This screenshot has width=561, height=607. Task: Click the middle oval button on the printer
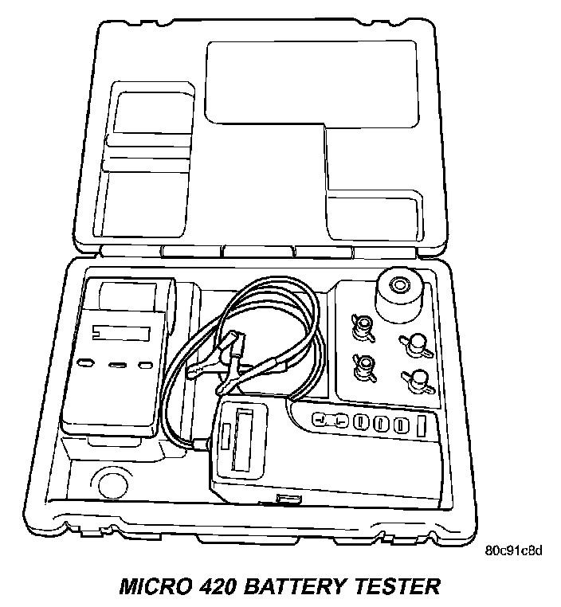(117, 364)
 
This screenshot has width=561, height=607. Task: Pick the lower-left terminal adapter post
(363, 364)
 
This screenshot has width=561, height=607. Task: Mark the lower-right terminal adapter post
(416, 381)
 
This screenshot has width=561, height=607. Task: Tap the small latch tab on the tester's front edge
(284, 499)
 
